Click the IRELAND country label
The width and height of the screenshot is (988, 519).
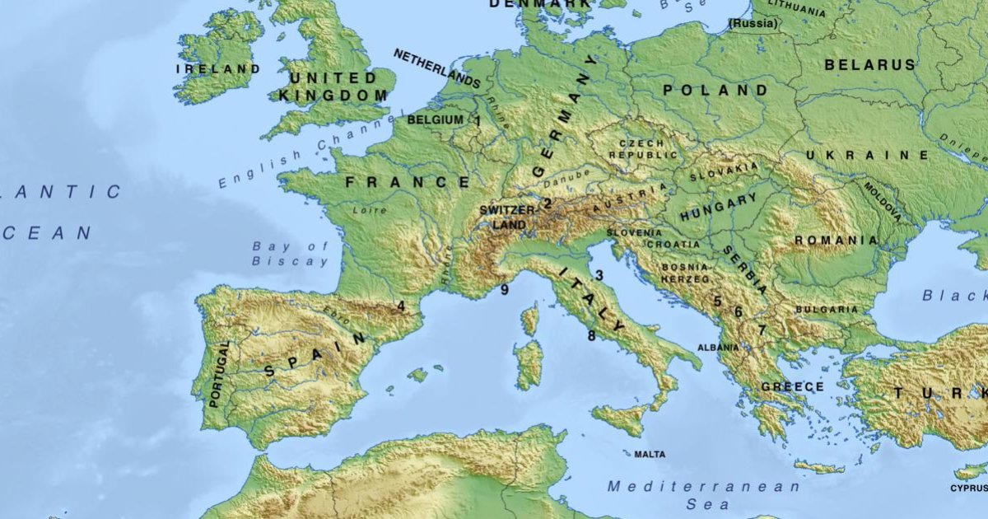217,69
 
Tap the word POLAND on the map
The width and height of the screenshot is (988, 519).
715,90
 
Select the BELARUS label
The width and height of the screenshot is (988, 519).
869,64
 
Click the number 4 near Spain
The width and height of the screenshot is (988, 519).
401,306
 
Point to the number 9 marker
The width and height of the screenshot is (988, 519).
505,289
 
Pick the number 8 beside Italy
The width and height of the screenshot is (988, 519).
591,335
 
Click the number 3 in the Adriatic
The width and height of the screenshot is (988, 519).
599,275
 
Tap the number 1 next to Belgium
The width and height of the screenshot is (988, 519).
478,120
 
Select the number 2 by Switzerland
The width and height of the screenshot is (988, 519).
547,203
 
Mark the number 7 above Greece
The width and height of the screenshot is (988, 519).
762,330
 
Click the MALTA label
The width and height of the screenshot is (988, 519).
650,454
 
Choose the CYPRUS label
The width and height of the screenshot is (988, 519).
968,488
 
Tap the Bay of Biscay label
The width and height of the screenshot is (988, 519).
291,254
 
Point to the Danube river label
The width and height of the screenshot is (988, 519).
566,177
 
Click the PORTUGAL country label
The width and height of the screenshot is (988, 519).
217,374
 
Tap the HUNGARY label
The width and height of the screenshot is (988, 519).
718,207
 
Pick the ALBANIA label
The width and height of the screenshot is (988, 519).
718,348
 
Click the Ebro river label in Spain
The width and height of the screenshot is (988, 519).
331,313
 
